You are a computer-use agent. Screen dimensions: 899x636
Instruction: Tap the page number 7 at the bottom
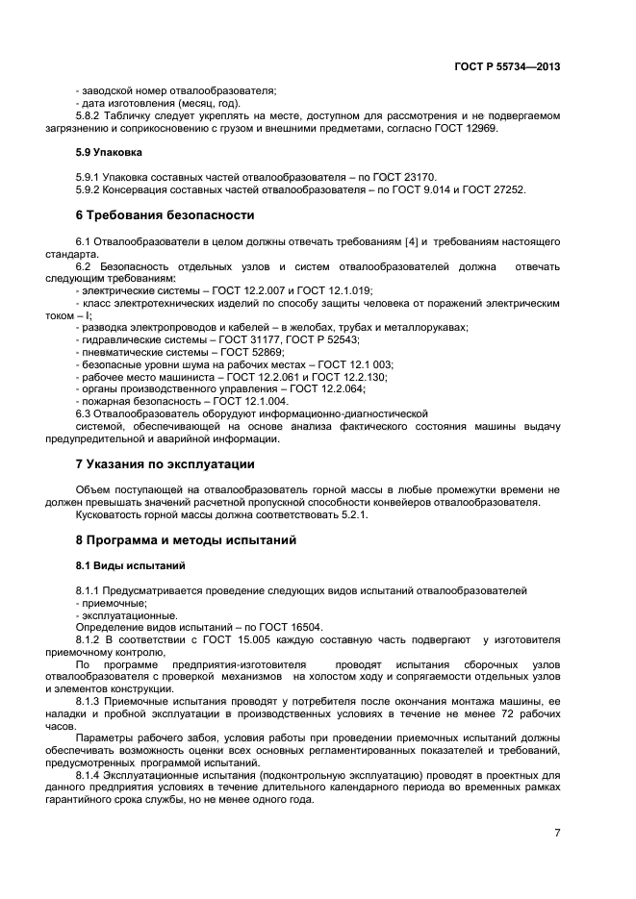557,833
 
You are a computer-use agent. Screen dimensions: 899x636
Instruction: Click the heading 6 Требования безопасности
165,214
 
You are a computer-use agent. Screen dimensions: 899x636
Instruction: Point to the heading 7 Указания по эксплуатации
165,464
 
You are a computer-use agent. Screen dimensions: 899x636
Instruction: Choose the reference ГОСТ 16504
266,628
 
